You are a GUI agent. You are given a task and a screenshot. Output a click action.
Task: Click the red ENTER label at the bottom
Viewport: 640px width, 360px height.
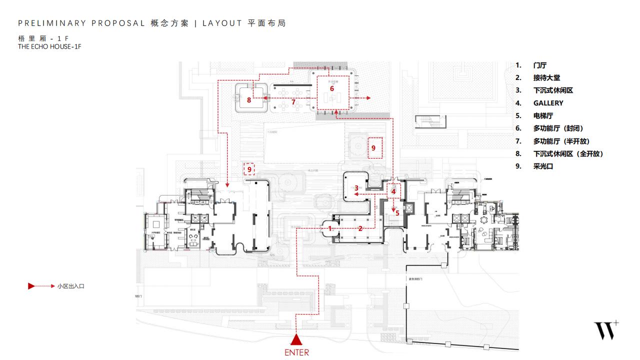click(296, 352)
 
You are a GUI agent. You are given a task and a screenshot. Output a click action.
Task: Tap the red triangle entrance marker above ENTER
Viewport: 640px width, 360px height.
click(296, 340)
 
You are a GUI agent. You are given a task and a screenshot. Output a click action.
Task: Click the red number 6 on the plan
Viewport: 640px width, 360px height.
click(331, 88)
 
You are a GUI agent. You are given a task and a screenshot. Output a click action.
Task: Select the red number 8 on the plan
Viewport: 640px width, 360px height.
click(249, 100)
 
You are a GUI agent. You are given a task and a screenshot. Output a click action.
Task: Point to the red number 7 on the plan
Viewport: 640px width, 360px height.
click(293, 102)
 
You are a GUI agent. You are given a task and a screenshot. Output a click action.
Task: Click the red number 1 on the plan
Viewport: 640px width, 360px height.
click(329, 228)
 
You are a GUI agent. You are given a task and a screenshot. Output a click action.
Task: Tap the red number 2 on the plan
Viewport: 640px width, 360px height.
click(360, 228)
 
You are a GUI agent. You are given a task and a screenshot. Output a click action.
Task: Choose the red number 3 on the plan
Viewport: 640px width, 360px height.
click(356, 188)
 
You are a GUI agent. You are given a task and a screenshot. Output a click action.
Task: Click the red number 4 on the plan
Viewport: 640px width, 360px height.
click(393, 191)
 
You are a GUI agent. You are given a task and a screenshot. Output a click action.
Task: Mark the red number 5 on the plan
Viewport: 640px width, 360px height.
click(397, 212)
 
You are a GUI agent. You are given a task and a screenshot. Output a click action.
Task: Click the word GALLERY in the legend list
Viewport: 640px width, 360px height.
click(548, 103)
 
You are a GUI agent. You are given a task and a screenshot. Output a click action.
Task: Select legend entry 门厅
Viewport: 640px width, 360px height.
click(540, 65)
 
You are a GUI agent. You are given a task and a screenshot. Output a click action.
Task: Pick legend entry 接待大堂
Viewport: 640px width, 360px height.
click(546, 77)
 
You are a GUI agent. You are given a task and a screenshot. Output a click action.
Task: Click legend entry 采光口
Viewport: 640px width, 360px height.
click(543, 166)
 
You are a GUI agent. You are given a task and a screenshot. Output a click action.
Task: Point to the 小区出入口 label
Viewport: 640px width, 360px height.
click(70, 286)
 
